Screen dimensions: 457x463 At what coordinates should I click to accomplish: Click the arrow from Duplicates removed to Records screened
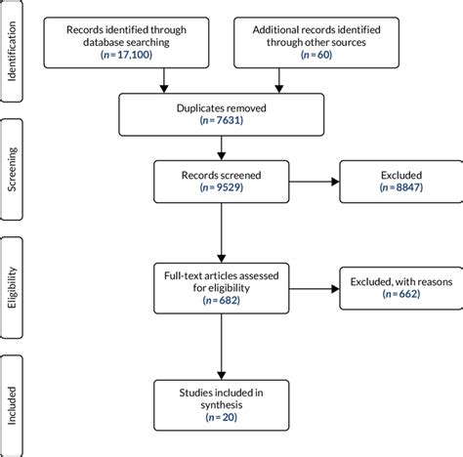[224, 147]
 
